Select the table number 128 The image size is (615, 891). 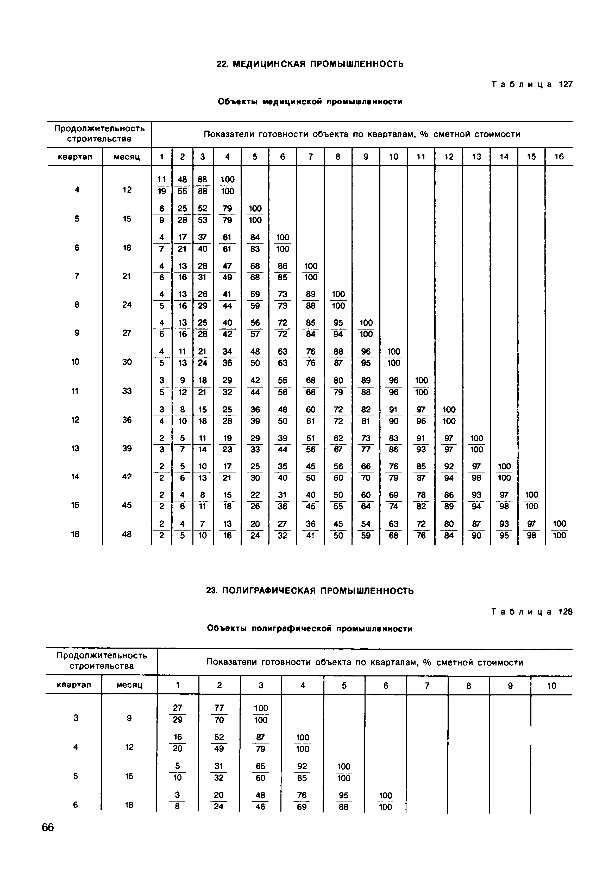coord(565,612)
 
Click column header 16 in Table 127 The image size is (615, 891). coord(559,157)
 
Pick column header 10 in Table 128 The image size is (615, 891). coord(551,686)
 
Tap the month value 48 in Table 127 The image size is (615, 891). coord(127,534)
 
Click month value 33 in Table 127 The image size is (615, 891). coord(127,391)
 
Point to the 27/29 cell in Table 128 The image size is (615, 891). coord(178,714)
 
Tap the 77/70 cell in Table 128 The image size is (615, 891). coord(219,714)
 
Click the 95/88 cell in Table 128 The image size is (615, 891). coord(344,801)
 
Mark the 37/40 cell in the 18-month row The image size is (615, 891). coord(202,243)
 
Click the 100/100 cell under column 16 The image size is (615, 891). coord(559,530)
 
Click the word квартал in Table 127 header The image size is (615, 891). coord(75,157)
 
